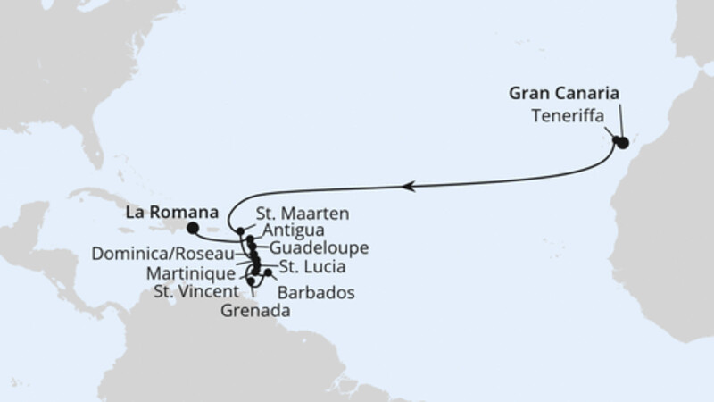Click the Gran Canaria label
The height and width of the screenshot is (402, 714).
click(x=564, y=94)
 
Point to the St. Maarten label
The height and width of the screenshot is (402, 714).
click(x=302, y=214)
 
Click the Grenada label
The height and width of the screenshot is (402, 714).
click(x=254, y=311)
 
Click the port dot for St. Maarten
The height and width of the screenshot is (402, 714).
click(x=241, y=230)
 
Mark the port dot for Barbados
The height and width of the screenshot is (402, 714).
click(x=269, y=272)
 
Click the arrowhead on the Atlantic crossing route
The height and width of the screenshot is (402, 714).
click(x=408, y=187)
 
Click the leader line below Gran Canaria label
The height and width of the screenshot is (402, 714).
click(x=620, y=121)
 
